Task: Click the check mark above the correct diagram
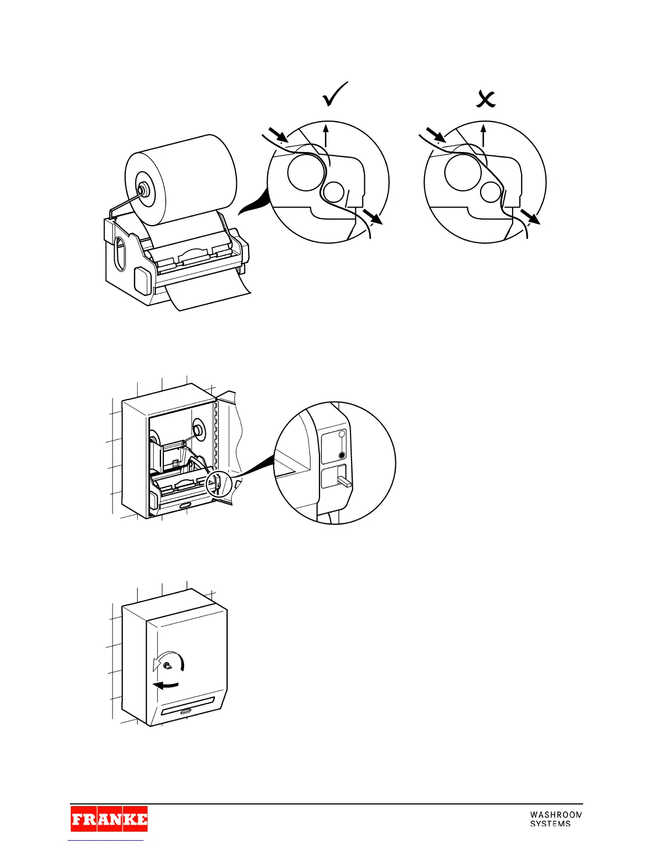(x=335, y=95)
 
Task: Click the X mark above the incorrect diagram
(x=485, y=99)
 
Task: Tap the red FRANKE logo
(x=109, y=819)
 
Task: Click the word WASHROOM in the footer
(x=555, y=815)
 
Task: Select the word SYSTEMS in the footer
(x=550, y=824)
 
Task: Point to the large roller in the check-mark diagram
(x=306, y=171)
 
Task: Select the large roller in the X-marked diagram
(x=463, y=171)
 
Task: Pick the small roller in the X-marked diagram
(x=491, y=191)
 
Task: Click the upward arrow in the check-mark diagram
(x=326, y=134)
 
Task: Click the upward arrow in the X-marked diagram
(x=483, y=134)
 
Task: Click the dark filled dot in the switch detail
(x=342, y=456)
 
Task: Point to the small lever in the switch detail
(x=344, y=483)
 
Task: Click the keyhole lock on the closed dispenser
(x=167, y=666)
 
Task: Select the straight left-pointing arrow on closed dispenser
(x=165, y=685)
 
